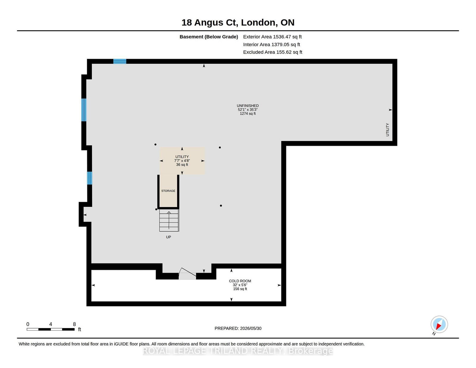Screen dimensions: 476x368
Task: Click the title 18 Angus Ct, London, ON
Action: tap(238, 23)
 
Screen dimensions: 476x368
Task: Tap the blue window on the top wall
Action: tap(120, 61)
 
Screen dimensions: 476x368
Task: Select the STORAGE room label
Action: tap(168, 191)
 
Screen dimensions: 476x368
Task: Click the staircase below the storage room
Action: tap(169, 220)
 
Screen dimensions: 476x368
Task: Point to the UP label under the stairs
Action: tap(168, 237)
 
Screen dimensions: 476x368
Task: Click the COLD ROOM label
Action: tap(240, 281)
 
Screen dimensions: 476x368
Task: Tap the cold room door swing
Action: tap(187, 274)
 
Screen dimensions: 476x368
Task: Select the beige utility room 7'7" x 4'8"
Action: tap(182, 161)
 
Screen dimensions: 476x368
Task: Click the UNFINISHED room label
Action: tap(248, 106)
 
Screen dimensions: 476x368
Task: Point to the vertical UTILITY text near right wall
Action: tap(388, 130)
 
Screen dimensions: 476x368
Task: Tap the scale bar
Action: tap(51, 329)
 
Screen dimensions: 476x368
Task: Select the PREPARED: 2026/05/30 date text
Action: tap(238, 328)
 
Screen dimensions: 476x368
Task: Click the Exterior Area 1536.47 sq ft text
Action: tap(272, 37)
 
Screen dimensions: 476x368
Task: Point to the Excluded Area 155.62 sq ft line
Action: tap(273, 52)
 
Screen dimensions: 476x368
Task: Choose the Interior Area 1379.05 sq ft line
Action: tap(271, 44)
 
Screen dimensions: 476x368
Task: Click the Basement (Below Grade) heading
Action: tap(209, 37)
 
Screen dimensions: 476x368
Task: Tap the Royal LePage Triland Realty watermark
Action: tap(238, 351)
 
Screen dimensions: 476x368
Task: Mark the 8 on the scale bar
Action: tap(74, 324)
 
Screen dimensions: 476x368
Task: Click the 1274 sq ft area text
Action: tap(248, 113)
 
